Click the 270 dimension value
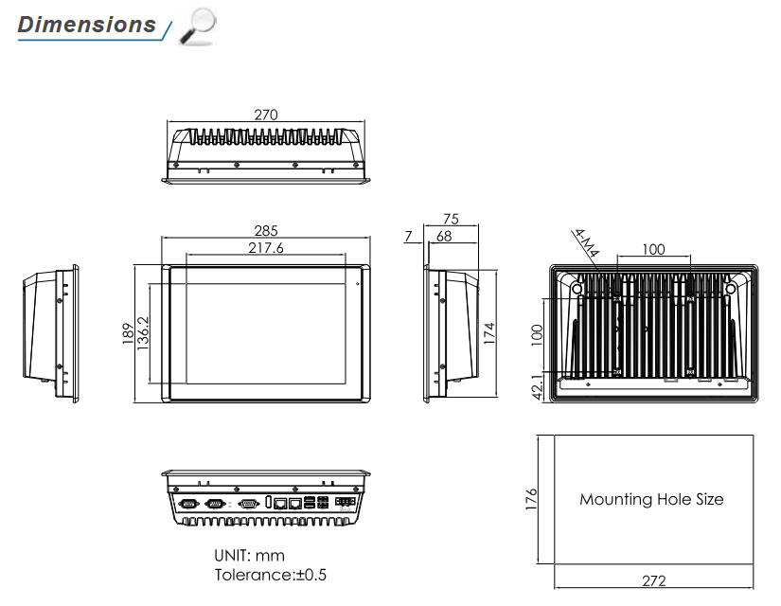[x=266, y=115]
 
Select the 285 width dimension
[x=266, y=230]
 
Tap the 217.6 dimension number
[x=266, y=248]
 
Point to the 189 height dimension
[x=127, y=334]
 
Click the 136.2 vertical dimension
[x=143, y=334]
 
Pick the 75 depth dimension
[x=451, y=218]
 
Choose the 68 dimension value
[x=444, y=236]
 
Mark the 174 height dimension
[x=489, y=334]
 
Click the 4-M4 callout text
[x=587, y=242]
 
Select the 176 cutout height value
[x=530, y=498]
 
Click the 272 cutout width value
[x=653, y=580]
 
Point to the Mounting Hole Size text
[x=651, y=499]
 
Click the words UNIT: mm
[x=250, y=556]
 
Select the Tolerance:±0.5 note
[x=271, y=575]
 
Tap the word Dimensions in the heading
[x=87, y=25]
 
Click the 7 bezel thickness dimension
[x=407, y=236]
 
